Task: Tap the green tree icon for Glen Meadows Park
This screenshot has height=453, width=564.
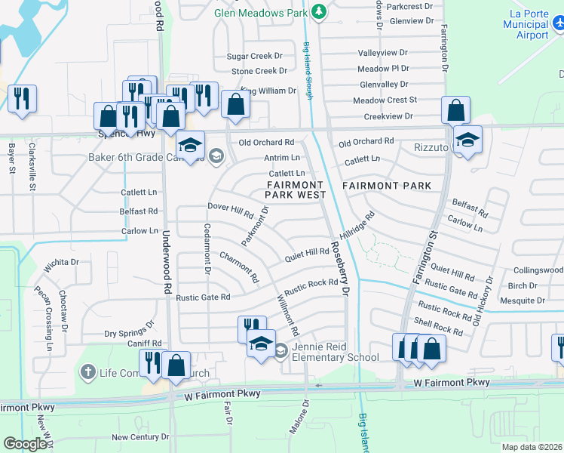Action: (319, 11)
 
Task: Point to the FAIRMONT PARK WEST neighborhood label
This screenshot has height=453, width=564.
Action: (296, 190)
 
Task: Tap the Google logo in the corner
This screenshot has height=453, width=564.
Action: (25, 443)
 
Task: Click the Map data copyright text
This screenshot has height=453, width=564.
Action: (532, 447)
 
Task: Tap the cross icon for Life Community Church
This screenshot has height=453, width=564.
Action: (88, 371)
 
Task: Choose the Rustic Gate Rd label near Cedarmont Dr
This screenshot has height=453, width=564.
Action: (203, 297)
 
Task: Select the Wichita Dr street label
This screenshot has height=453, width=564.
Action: (61, 263)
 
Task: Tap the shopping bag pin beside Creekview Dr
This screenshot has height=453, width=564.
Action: (456, 111)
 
